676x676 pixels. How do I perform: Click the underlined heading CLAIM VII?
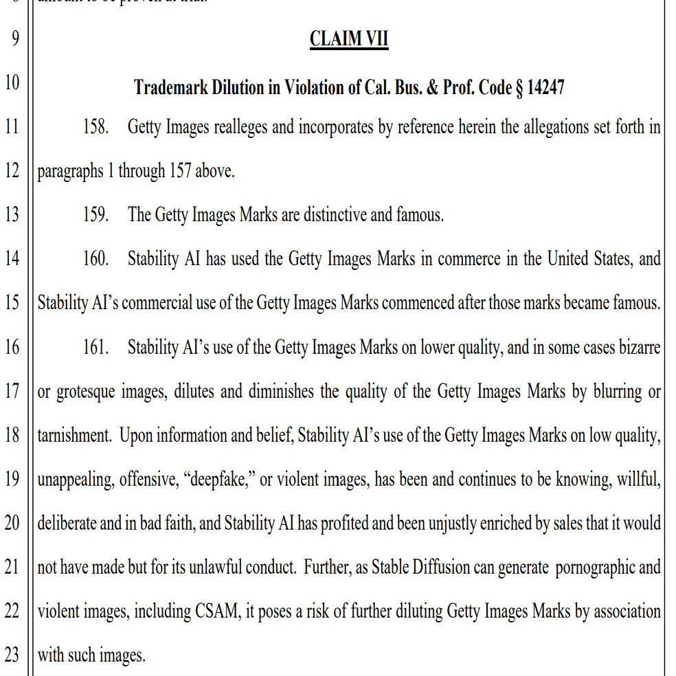349,38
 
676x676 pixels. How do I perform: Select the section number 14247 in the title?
545,87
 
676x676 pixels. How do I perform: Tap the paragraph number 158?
96,127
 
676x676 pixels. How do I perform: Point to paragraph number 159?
96,215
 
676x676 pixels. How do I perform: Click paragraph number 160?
96,259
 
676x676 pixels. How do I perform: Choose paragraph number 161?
96,347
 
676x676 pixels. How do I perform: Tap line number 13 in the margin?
12,215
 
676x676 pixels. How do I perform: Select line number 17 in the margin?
12,392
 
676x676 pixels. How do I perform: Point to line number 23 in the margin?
12,655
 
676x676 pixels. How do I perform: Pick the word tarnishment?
74,436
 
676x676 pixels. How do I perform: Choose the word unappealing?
75,480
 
